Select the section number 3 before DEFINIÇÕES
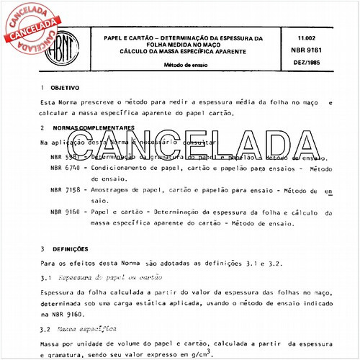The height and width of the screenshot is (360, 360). [x=42, y=249]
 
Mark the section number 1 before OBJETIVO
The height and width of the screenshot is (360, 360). [x=42, y=86]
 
